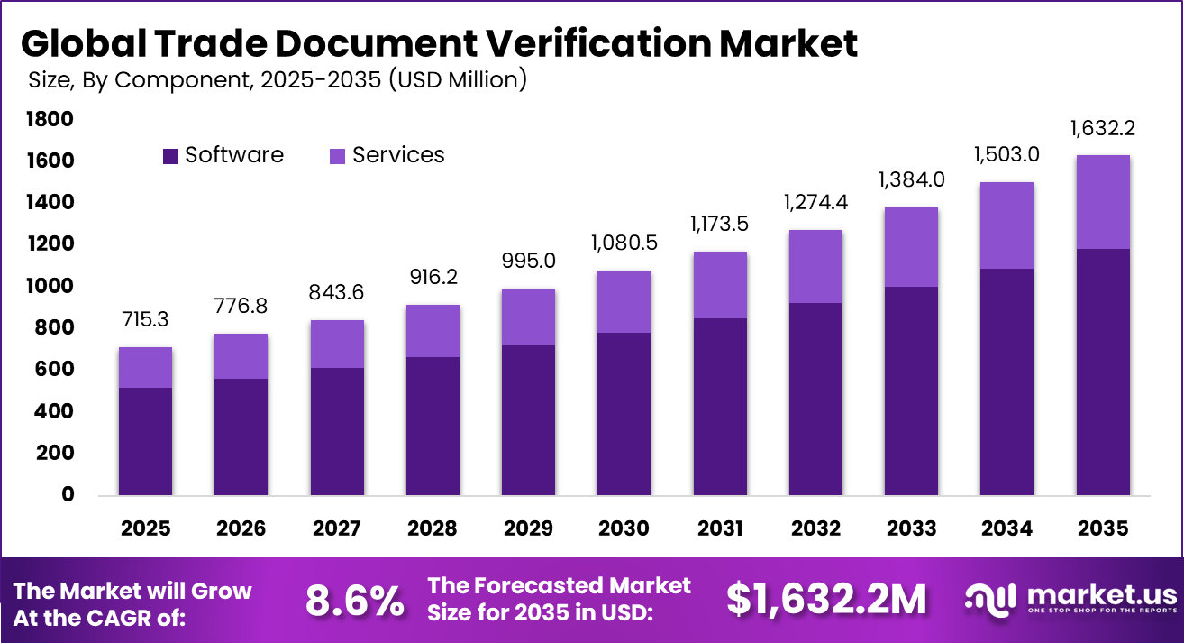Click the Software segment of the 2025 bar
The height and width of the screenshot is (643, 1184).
coord(145,441)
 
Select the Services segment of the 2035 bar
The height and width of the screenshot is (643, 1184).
coord(1102,202)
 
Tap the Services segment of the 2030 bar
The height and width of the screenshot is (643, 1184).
coord(624,301)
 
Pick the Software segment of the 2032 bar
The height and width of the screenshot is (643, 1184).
coord(815,399)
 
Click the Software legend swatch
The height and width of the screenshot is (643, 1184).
coord(170,156)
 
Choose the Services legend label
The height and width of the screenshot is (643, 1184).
coord(398,155)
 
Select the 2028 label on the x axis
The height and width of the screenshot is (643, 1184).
coord(432,528)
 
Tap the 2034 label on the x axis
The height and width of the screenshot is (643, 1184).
coord(1006,528)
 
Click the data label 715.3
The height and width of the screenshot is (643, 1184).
coord(145,321)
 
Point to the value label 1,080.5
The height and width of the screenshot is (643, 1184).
coord(624,243)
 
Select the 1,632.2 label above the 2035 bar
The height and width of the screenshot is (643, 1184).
coord(1102,128)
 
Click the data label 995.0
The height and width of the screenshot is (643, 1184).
coord(528,261)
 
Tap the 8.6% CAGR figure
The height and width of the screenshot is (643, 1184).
coord(354,602)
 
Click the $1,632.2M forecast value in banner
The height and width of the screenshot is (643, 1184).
coord(827,600)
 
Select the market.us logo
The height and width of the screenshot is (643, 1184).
coord(1070,600)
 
